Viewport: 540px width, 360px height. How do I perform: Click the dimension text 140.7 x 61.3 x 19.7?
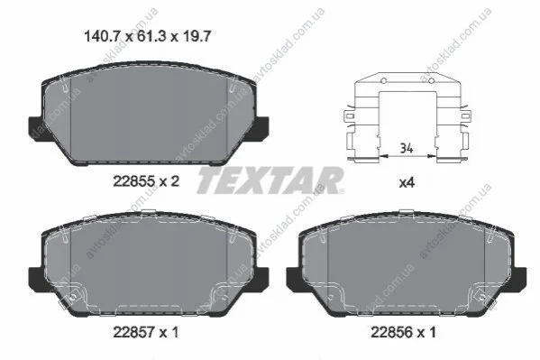[147, 36]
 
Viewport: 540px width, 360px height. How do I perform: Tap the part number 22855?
[134, 181]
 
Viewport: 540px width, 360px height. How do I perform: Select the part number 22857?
[134, 332]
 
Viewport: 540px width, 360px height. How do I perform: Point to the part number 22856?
[391, 332]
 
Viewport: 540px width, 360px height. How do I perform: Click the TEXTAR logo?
[270, 180]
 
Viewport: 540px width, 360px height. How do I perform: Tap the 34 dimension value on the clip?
[407, 148]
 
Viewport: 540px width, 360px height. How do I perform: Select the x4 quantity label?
[407, 182]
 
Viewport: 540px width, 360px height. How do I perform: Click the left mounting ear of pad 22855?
[36, 127]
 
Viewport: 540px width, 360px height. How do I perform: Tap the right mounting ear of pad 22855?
[261, 127]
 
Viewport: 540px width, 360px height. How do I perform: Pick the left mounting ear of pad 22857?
[36, 279]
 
